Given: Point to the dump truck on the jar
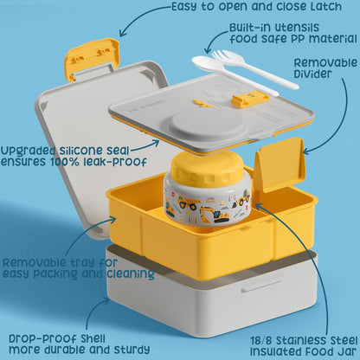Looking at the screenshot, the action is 188,201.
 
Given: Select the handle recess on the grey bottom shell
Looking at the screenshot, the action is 262,286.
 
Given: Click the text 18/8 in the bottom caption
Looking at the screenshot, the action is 261,340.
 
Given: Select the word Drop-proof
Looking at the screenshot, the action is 42,339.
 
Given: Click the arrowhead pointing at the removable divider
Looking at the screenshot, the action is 306,151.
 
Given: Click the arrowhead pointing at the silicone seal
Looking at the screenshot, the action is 156,144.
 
